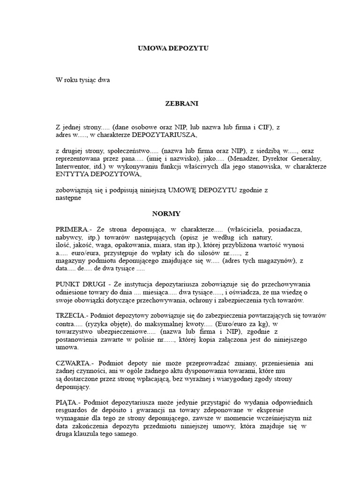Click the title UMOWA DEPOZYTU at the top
click(173, 48)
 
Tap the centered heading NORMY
click(166, 214)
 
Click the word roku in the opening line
click(72, 80)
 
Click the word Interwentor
click(72, 166)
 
